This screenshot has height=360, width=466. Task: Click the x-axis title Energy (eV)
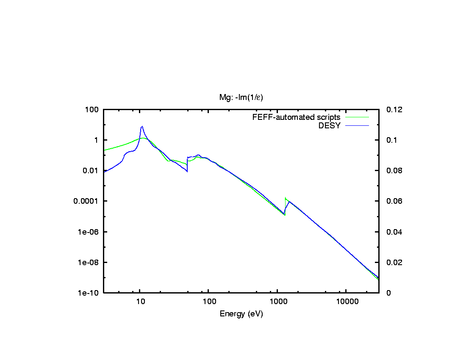point(241,314)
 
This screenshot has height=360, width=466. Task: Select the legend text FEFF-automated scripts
point(296,117)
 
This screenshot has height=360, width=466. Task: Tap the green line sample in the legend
point(357,117)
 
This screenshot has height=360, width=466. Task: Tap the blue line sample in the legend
point(357,125)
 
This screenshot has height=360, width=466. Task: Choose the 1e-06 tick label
point(89,232)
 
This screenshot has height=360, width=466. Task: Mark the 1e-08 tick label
point(89,262)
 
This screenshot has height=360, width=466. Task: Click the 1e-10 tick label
point(89,293)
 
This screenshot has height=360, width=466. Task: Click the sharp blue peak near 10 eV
point(142,126)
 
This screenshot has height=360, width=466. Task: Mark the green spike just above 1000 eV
point(286,198)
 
